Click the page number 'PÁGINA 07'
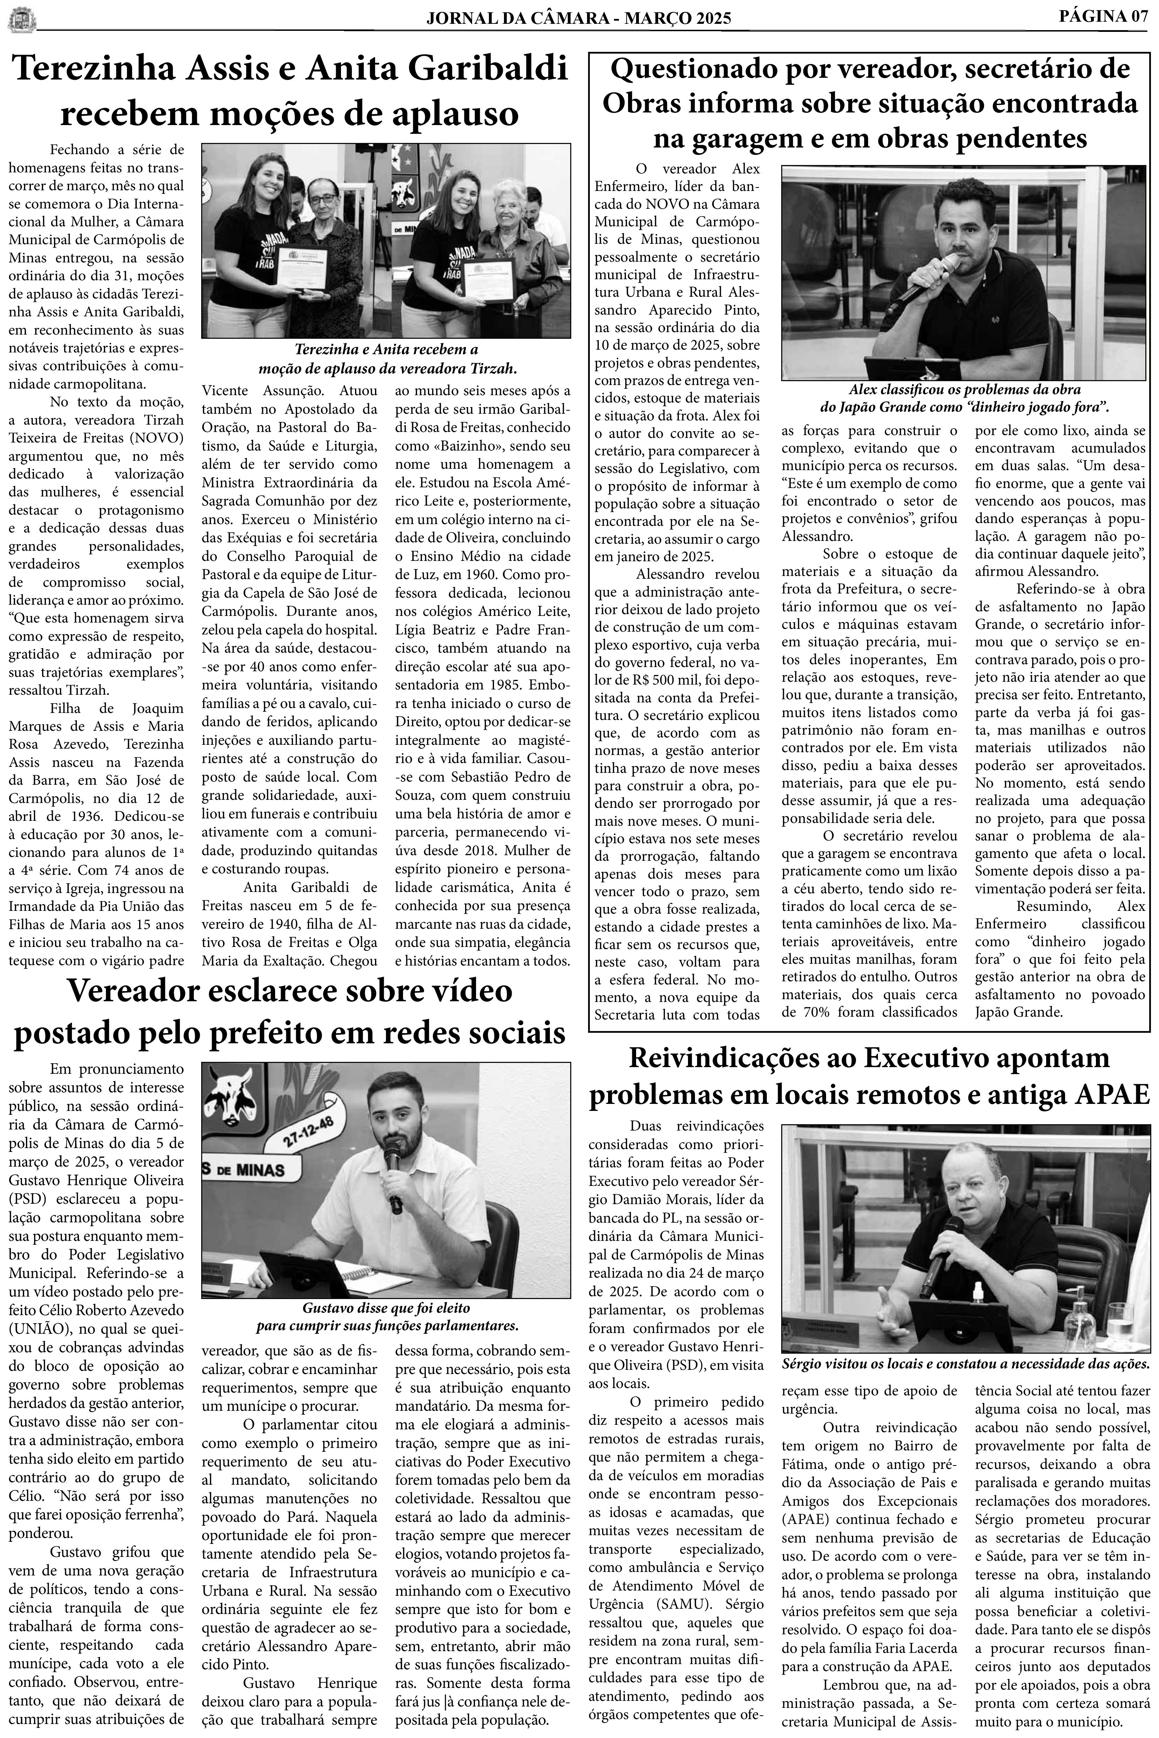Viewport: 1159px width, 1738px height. tap(1104, 15)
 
